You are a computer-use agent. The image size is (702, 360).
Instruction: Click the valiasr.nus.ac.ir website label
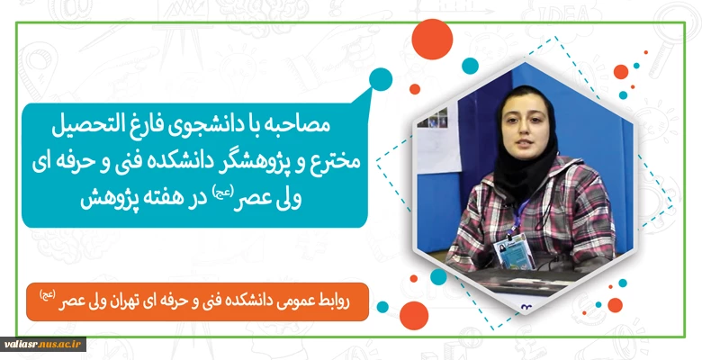point(43,345)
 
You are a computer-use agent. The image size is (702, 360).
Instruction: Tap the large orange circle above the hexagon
point(432,40)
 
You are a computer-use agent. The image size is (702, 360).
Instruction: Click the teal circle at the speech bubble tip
point(381,79)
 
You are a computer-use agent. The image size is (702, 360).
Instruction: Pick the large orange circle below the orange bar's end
point(414,316)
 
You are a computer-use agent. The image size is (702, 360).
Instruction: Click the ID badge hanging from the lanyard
point(514,252)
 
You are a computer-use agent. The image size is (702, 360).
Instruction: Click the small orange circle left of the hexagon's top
point(415,89)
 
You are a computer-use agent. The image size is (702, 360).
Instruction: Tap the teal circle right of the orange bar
point(382,307)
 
